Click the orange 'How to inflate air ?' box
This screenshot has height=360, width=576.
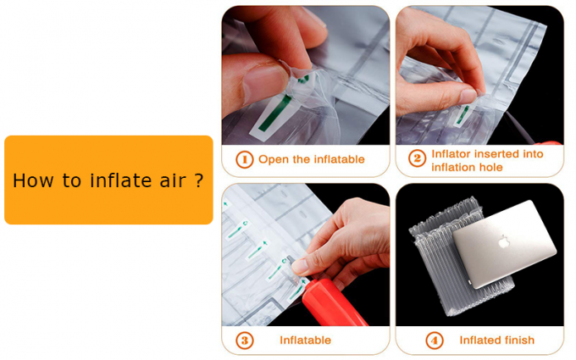tap(108, 180)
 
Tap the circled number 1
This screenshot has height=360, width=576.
tap(244, 159)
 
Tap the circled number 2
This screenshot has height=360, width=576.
tap(417, 159)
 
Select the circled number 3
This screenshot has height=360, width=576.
tap(244, 341)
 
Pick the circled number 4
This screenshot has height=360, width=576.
tap(435, 341)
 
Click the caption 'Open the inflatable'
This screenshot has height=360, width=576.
tap(311, 159)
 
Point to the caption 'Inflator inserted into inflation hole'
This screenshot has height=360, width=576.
tap(486, 160)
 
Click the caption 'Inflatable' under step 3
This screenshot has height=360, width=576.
tap(305, 341)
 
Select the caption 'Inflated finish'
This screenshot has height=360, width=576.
tap(496, 341)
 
